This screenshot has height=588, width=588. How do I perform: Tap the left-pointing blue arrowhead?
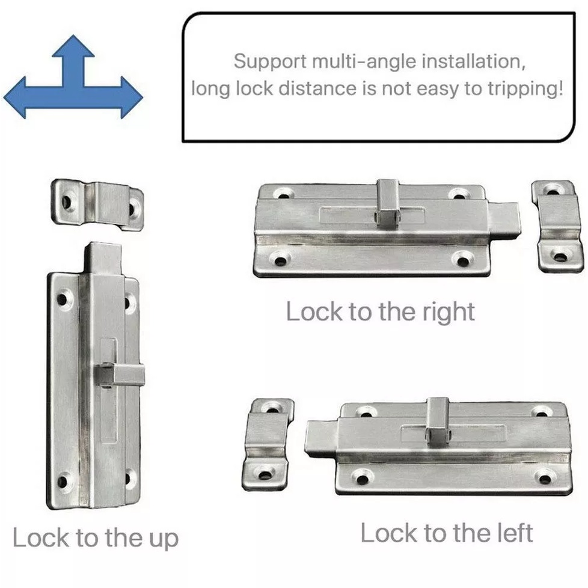pos(14,97)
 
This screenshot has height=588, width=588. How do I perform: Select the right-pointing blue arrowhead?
pos(132,97)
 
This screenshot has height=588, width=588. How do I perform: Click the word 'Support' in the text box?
pos(270,62)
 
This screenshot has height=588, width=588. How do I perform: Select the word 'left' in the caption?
pos(515,533)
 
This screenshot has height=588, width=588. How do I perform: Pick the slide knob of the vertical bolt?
pos(120,375)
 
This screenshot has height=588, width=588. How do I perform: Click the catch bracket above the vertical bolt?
pos(97,204)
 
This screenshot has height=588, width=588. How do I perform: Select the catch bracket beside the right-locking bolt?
pos(557,225)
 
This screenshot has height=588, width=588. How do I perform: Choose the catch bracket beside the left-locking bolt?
pos(267,444)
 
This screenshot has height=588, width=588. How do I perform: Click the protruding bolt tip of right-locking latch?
pos(504,221)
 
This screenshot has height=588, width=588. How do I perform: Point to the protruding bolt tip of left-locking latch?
pos(322,439)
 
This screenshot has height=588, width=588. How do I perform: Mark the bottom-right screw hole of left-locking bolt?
pos(544,478)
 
